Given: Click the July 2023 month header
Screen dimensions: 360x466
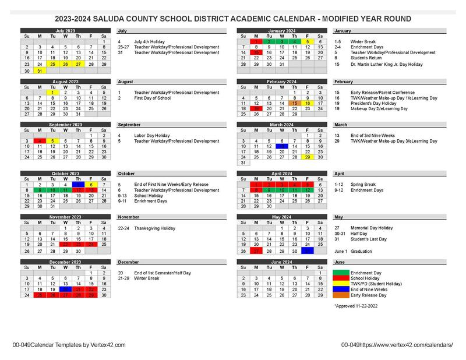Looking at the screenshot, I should pos(65,30).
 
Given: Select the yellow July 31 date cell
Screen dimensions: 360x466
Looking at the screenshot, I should pos(39,70).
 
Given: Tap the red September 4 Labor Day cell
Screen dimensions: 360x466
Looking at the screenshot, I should pos(39,140).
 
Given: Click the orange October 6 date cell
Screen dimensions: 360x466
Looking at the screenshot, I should pos(91,184).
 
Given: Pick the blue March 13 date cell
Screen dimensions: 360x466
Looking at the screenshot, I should pos(282,146).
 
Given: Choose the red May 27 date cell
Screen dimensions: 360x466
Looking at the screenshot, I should pos(256,251).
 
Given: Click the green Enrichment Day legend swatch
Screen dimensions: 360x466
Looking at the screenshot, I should pos(348,273).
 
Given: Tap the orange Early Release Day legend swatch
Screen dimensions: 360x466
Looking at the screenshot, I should pos(348,295).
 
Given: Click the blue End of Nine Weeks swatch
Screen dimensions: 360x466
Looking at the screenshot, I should pos(348,290).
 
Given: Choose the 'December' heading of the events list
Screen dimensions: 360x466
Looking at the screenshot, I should pos(129,262).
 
